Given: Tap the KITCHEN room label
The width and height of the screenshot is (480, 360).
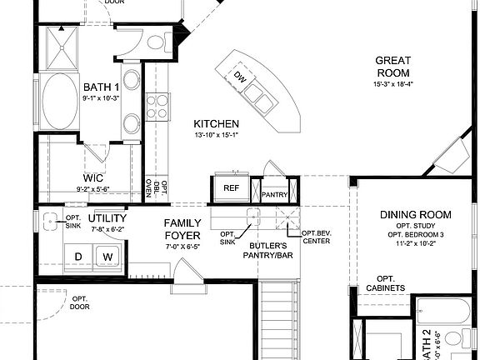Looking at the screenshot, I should (x=216, y=122).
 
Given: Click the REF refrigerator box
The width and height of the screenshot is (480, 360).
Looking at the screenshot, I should (x=231, y=188).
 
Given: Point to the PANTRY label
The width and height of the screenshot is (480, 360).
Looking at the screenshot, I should (x=274, y=195).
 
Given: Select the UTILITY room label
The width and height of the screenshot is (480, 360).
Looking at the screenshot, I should (x=107, y=218).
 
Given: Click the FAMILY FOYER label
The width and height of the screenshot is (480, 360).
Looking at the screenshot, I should (x=182, y=228).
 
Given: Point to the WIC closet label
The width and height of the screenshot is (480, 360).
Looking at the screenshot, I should (x=92, y=177).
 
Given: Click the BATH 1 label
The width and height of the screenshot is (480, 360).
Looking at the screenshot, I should (x=101, y=87).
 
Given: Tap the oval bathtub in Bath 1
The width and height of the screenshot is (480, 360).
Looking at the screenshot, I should (x=58, y=101).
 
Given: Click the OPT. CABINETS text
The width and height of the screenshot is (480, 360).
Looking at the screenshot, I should (x=385, y=283).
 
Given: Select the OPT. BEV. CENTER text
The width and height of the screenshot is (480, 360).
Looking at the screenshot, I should (x=316, y=237).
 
